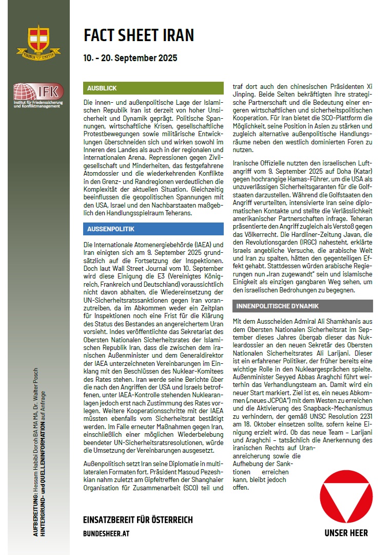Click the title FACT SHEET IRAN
139,35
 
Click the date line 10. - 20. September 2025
130,58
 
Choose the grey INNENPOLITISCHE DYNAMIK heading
277,306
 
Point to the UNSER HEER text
346,533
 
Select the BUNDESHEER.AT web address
106,534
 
